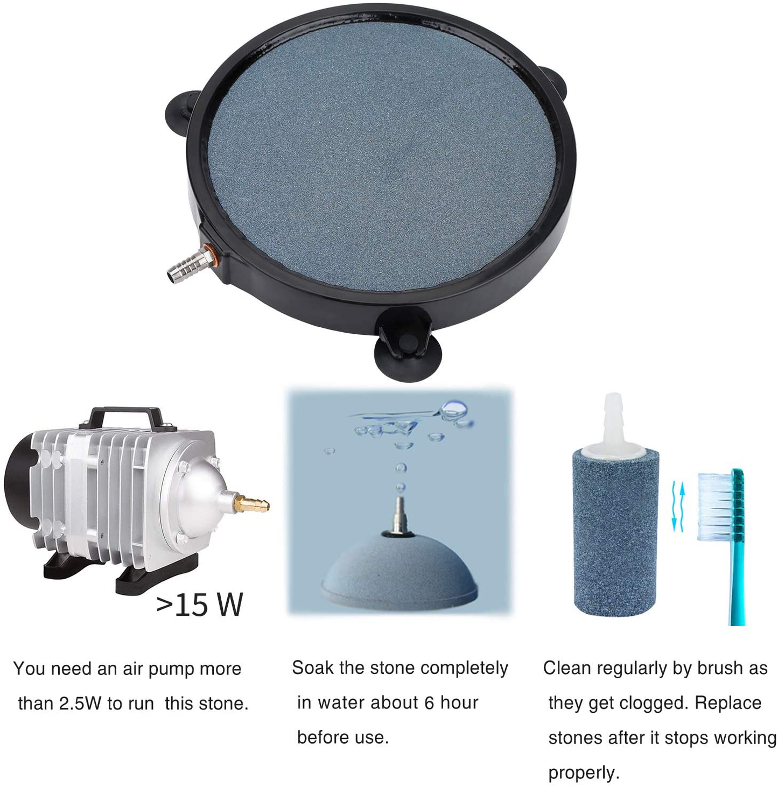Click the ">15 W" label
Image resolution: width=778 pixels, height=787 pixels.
(x=200, y=604)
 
